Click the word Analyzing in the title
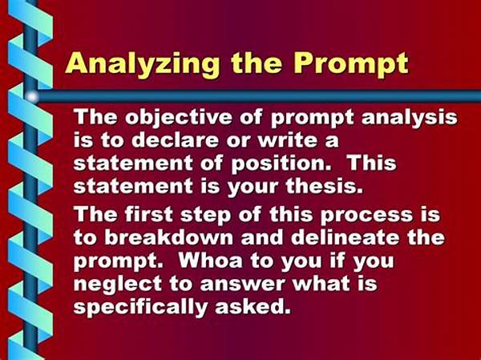pyautogui.click(x=129, y=63)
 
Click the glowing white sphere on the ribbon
pyautogui.click(x=31, y=97)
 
